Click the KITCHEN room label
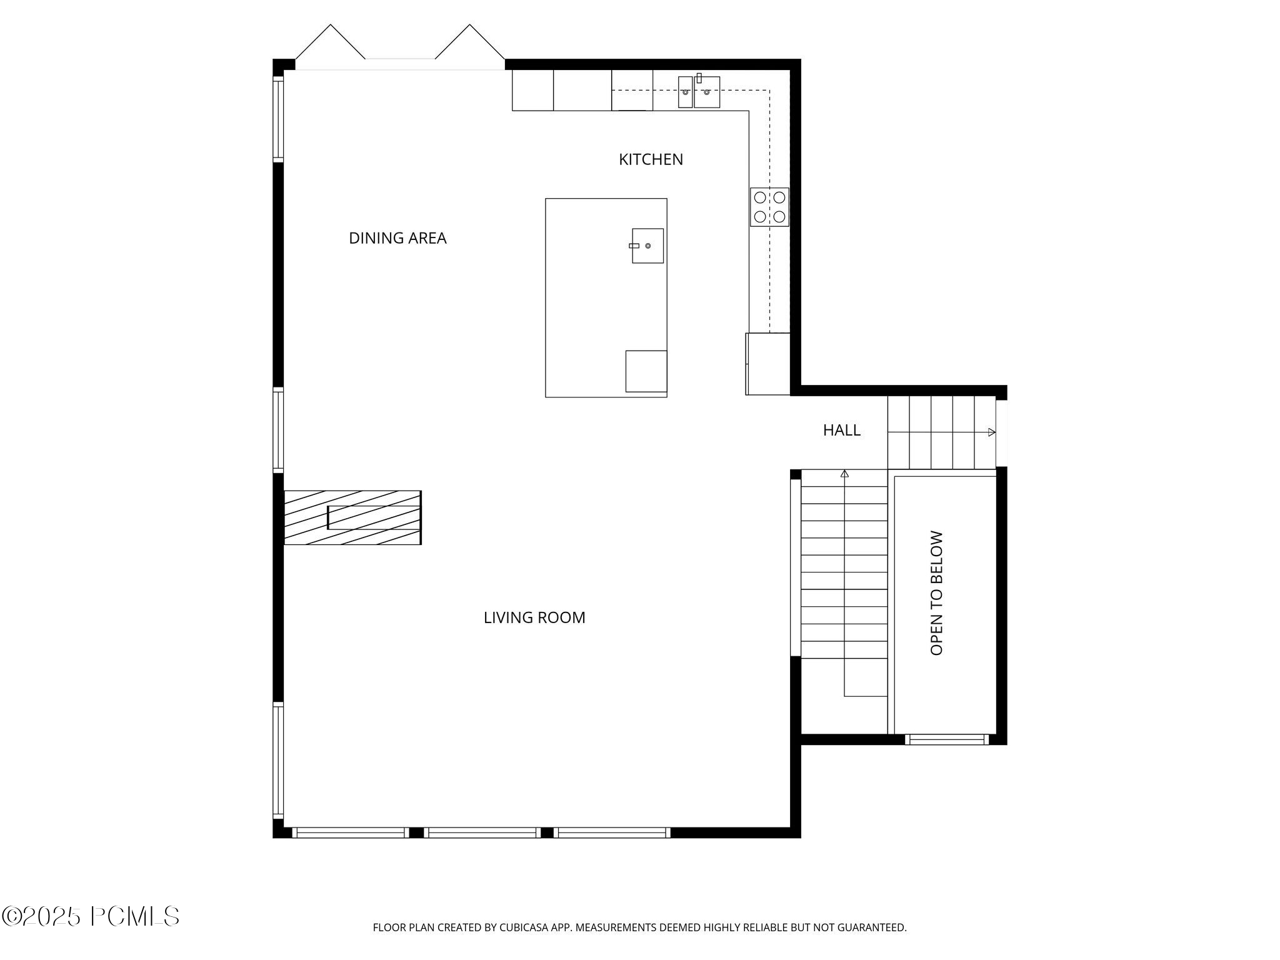651,159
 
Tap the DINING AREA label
397,238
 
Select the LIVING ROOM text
534,617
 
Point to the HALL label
841,430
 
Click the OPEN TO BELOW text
936,593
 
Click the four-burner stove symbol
769,207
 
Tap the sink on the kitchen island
647,246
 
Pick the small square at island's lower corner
646,371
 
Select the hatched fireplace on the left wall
352,517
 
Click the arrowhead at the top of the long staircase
844,474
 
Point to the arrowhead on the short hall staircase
991,432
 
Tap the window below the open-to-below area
946,739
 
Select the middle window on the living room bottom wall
482,832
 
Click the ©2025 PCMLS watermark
91,917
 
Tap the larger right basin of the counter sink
707,92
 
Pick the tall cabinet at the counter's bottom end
767,364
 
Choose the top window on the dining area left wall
278,119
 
